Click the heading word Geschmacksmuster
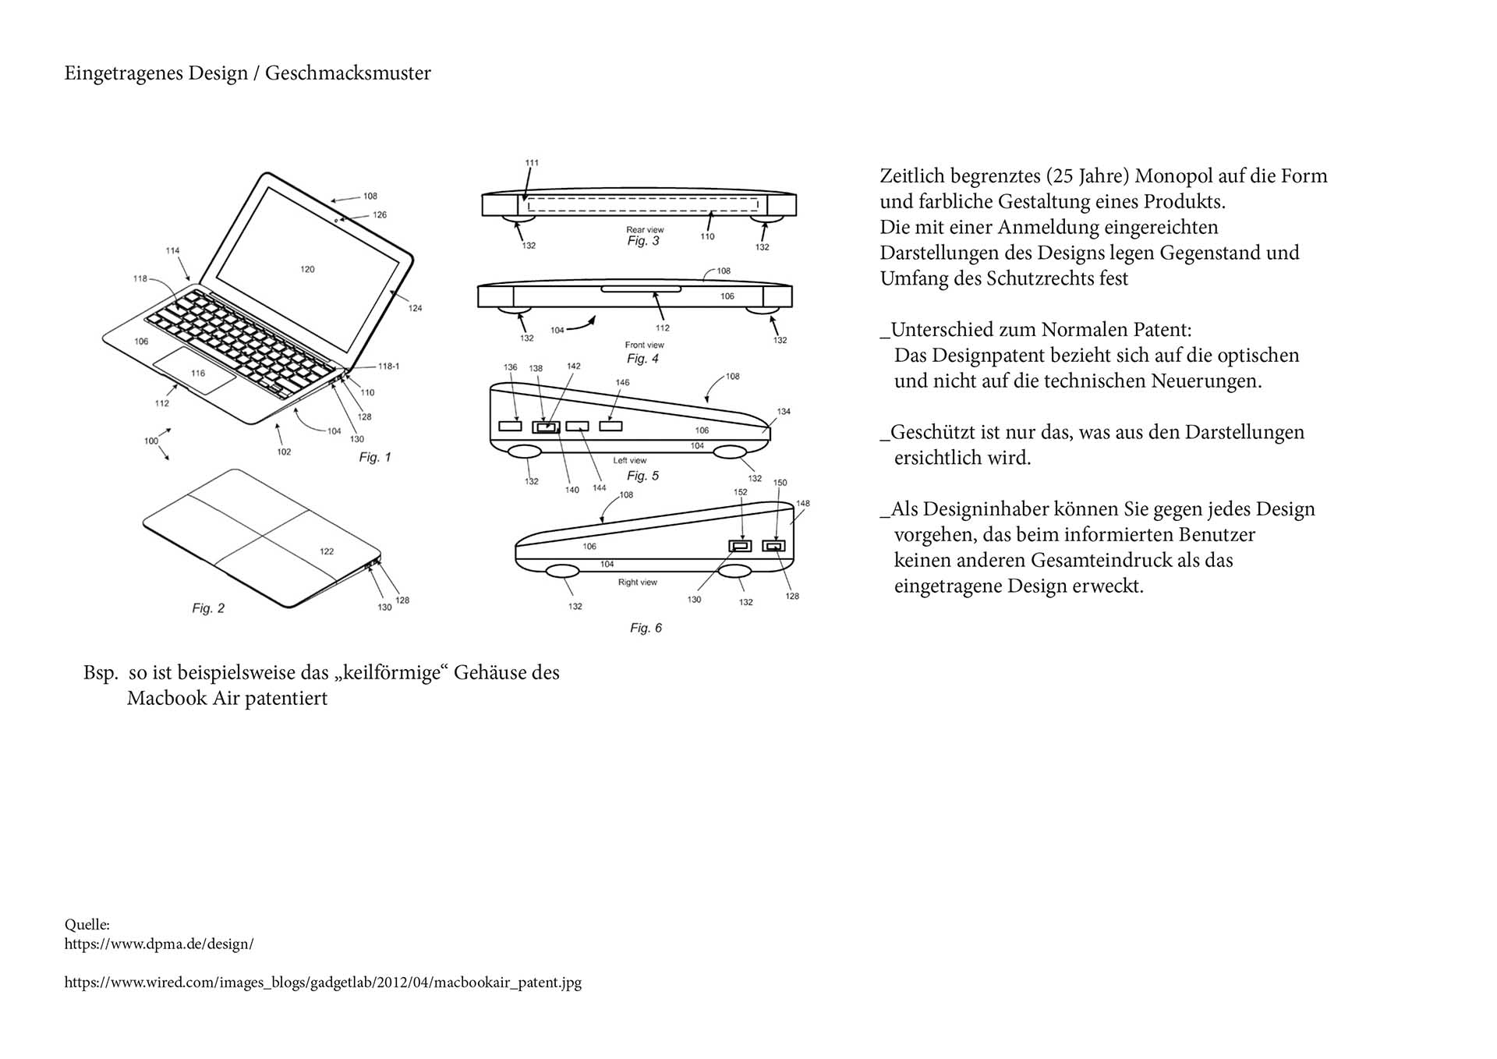348,73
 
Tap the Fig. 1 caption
374,457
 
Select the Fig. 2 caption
208,608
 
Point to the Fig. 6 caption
646,628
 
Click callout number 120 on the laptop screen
307,269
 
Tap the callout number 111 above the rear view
532,163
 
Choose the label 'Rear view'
645,229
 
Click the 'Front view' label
644,345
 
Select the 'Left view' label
629,460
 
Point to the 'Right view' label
637,582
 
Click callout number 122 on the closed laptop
327,551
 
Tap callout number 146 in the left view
622,382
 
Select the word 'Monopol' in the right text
1173,176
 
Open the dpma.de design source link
159,944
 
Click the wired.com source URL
323,983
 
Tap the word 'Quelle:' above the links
87,925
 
